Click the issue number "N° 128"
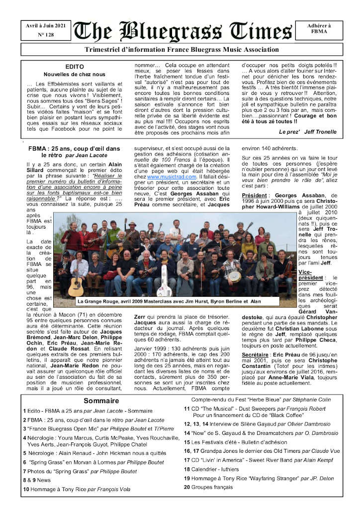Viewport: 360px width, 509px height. [x=46, y=35]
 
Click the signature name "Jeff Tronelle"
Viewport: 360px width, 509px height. [x=319, y=132]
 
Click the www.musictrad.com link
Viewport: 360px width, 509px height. [x=167, y=176]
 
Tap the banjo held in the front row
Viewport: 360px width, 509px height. [x=234, y=275]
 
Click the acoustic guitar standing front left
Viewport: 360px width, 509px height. [x=76, y=284]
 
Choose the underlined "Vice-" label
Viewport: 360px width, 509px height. [x=305, y=272]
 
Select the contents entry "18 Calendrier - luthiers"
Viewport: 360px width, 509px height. [x=211, y=469]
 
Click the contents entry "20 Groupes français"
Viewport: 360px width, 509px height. [x=208, y=487]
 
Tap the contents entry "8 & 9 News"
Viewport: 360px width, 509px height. [x=37, y=480]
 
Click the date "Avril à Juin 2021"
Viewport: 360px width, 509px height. [x=46, y=26]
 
